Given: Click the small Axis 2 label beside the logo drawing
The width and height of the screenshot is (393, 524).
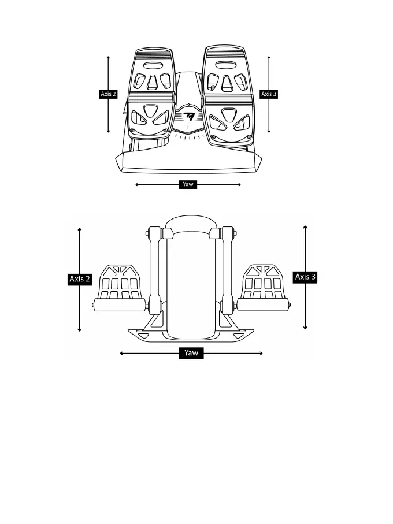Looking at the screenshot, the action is tap(108, 94).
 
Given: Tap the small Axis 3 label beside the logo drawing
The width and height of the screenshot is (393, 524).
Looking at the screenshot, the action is tap(269, 94).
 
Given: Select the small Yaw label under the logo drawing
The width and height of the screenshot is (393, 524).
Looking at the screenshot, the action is tap(188, 185).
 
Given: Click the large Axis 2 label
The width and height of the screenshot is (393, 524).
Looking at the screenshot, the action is tap(80, 279).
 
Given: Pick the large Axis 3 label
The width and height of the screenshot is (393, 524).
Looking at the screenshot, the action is tap(305, 277).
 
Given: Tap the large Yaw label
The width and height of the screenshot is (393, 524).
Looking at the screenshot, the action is tap(191, 354).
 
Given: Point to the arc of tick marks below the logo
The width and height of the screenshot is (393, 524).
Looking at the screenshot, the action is tap(188, 137).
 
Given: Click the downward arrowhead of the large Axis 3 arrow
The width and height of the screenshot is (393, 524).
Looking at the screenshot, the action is tap(305, 327).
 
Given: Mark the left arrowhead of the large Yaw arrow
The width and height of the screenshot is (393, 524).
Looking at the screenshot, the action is tap(121, 354).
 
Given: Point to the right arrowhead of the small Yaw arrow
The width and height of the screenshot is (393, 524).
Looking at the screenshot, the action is tap(239, 185).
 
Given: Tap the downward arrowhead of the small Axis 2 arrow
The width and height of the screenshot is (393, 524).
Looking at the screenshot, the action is tap(109, 131).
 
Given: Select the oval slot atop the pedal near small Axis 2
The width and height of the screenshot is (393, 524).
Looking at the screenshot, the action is tap(153, 65).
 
